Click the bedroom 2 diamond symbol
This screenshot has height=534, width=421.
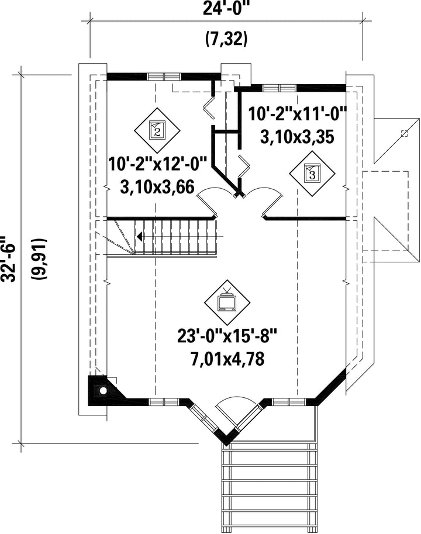click(157, 130)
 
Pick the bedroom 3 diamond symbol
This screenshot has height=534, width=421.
click(312, 174)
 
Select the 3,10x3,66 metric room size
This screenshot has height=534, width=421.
click(157, 187)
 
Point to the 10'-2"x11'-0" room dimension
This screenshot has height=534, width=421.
click(297, 113)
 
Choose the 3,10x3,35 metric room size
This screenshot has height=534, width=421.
click(297, 137)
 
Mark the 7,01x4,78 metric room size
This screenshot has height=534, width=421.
click(227, 359)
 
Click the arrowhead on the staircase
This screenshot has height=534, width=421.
click(139, 236)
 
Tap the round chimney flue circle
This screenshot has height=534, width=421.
click(102, 390)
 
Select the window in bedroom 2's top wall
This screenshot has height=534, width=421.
click(164, 77)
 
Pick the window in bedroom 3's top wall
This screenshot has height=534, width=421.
click(279, 88)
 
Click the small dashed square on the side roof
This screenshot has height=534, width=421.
click(405, 133)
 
